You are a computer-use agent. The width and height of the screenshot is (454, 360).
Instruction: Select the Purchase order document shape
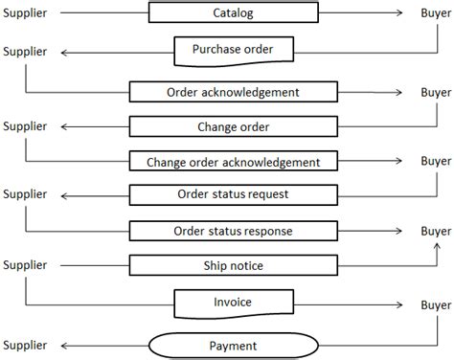click(x=233, y=48)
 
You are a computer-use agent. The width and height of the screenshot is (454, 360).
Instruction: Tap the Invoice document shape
click(x=233, y=303)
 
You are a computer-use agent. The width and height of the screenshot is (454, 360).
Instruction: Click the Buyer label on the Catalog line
click(x=435, y=13)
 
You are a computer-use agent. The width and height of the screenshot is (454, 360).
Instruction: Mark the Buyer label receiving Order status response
click(x=435, y=232)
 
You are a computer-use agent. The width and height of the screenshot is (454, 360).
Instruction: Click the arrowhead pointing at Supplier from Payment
click(x=59, y=345)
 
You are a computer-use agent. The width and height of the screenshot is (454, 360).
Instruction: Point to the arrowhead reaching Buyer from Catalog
click(x=405, y=13)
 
